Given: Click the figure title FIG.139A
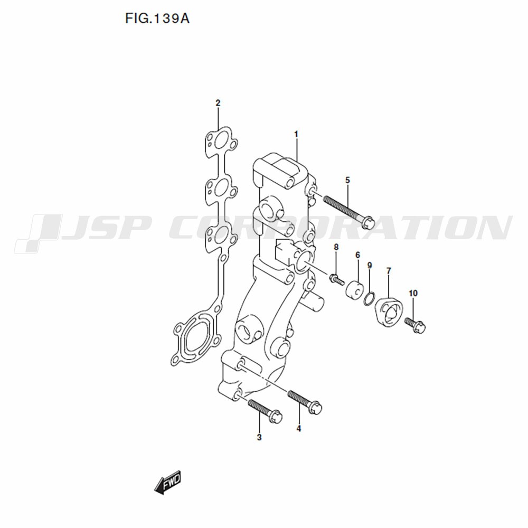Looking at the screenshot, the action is pos(157,18).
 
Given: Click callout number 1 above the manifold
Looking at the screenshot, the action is pos(296,134).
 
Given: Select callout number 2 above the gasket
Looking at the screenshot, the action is pos(218,103).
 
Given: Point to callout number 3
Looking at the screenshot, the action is pos(259,437).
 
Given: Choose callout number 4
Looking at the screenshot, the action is pos(299,429).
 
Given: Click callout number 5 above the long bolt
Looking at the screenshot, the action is pos(347,180).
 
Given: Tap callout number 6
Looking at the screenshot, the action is pos(357,255).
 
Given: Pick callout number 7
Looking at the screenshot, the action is pos(389,271).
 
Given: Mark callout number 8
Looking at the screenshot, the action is pos(336,247).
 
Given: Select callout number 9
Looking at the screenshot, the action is pos(370,266).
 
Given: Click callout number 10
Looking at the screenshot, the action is pos(413,293).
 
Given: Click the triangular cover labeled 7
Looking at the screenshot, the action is pos(387,312).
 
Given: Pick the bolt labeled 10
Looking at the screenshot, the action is pos(416,325).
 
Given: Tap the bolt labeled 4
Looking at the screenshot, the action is pos(305,401).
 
